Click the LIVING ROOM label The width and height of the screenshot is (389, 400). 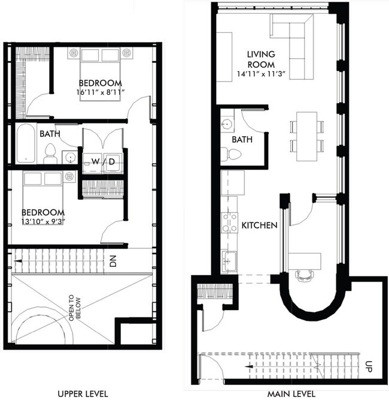pos(261,60)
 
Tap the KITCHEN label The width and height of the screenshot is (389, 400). pos(259,226)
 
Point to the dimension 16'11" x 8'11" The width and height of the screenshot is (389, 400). pos(100,92)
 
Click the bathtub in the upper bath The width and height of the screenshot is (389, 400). pos(26,143)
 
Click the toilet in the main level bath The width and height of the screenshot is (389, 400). pos(230,155)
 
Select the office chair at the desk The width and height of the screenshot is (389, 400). pos(305,276)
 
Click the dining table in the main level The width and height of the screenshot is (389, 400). pos(306,136)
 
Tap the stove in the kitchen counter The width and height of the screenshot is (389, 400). pos(229,222)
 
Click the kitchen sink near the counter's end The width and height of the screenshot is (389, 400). pos(229,260)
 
